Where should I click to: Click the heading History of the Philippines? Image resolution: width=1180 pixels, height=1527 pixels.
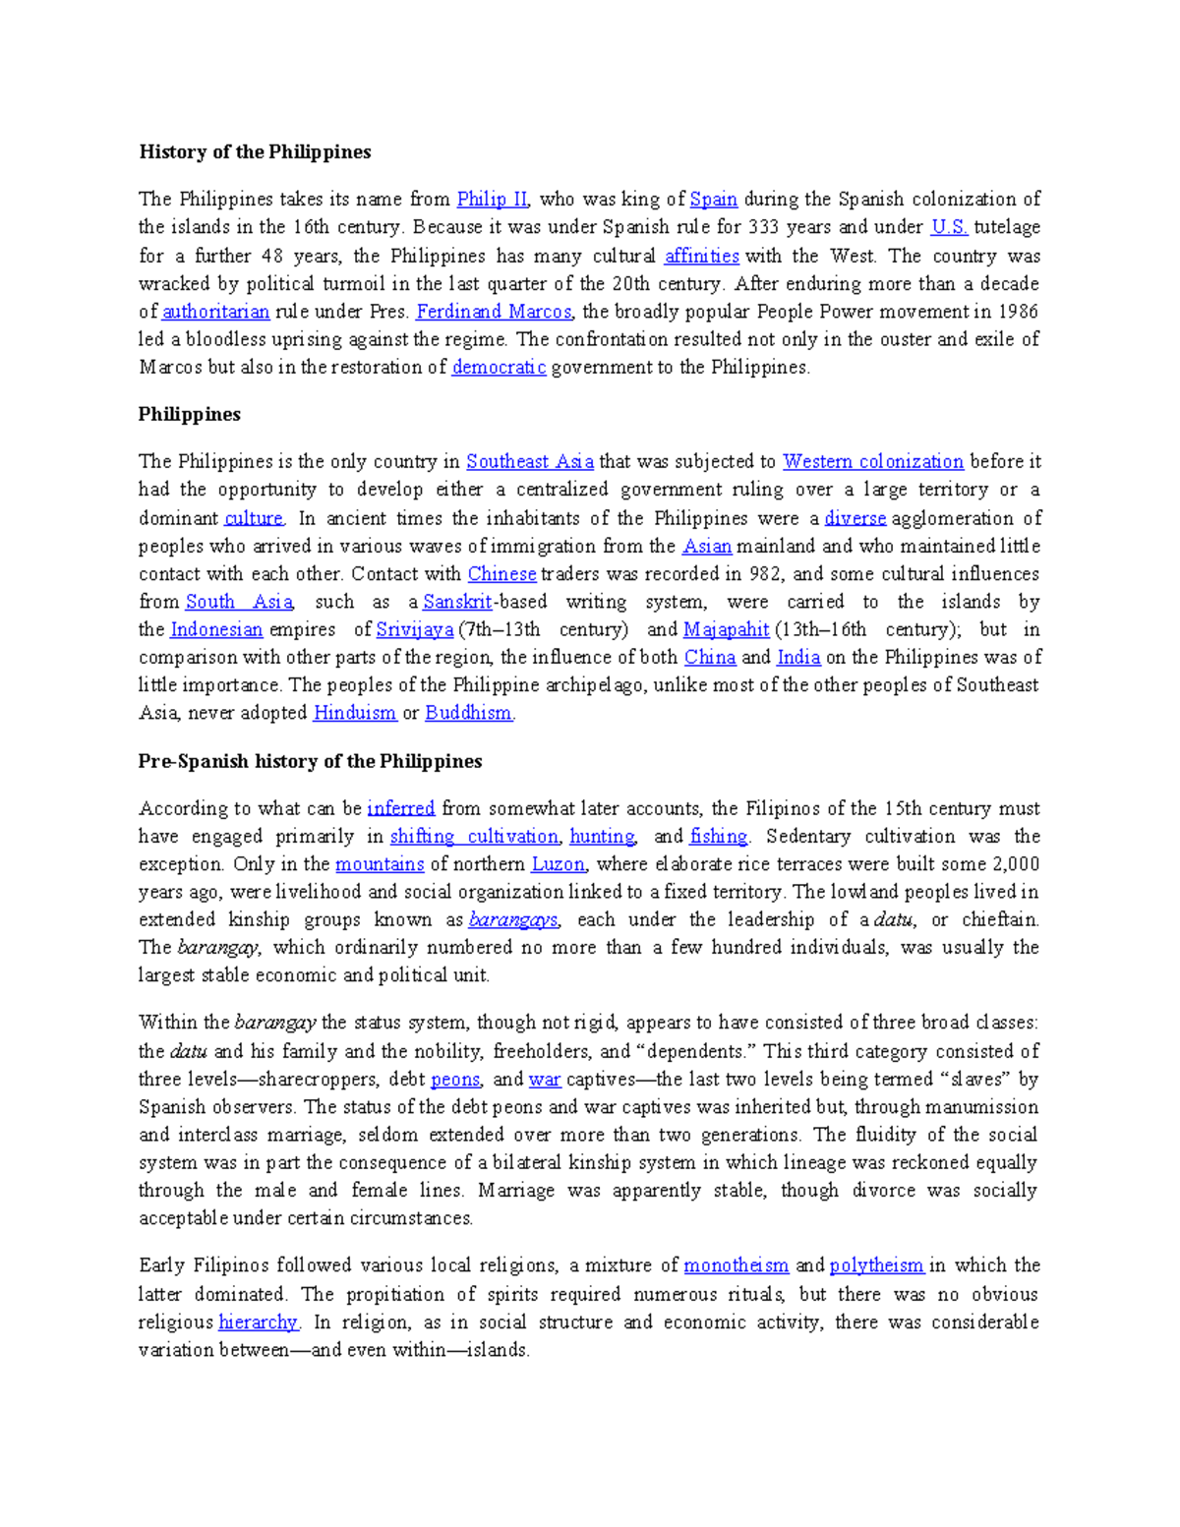pyautogui.click(x=255, y=151)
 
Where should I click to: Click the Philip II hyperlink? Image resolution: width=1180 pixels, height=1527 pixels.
pyautogui.click(x=493, y=200)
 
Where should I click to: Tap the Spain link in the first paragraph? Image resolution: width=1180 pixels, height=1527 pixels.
pyautogui.click(x=714, y=200)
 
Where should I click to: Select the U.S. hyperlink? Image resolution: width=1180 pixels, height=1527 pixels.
pyautogui.click(x=949, y=227)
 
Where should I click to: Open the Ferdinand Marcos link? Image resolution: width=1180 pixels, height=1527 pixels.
pyautogui.click(x=494, y=312)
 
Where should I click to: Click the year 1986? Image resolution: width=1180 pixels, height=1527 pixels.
pyautogui.click(x=1018, y=312)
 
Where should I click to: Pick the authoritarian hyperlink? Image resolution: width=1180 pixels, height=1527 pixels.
pyautogui.click(x=215, y=312)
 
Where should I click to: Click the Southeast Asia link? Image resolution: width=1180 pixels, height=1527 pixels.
pyautogui.click(x=529, y=462)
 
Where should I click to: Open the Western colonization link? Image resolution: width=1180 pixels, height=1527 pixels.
pyautogui.click(x=872, y=462)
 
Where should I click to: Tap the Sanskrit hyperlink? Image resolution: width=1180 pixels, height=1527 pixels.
pyautogui.click(x=457, y=602)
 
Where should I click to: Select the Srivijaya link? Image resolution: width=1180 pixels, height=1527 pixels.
pyautogui.click(x=415, y=629)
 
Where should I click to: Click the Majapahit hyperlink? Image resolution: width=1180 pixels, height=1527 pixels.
pyautogui.click(x=726, y=629)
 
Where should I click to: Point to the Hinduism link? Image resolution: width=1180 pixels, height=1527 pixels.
pyautogui.click(x=355, y=713)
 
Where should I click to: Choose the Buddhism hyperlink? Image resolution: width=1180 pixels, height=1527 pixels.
pyautogui.click(x=468, y=713)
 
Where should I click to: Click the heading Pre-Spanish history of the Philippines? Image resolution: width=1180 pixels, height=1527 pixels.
pyautogui.click(x=310, y=761)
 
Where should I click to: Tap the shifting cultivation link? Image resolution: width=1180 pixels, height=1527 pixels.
pyautogui.click(x=474, y=837)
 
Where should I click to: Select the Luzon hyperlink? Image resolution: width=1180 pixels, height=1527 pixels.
pyautogui.click(x=558, y=864)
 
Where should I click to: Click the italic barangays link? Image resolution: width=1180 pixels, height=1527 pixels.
pyautogui.click(x=513, y=920)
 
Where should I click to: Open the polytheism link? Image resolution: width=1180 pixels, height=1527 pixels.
pyautogui.click(x=876, y=1265)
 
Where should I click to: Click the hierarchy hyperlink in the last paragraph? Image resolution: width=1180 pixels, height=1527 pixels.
pyautogui.click(x=258, y=1322)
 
